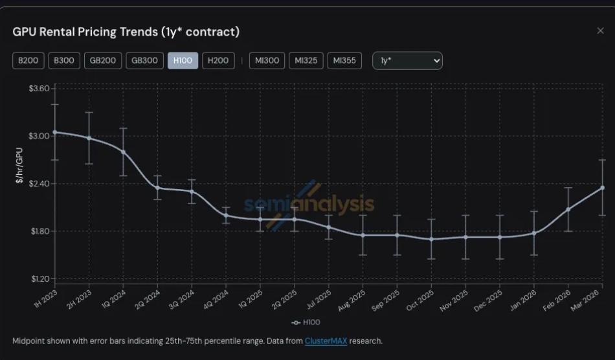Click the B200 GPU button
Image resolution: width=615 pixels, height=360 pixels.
(28, 61)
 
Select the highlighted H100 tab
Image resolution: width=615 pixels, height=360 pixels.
(182, 61)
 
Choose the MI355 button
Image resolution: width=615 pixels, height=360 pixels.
(344, 61)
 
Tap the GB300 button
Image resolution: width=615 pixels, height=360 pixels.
(144, 61)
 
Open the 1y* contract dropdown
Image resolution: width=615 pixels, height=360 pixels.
(408, 61)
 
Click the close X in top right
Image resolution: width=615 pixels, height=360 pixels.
(600, 31)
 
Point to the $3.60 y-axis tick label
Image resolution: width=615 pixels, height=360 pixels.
(39, 88)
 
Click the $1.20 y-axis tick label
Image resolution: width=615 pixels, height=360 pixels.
(39, 279)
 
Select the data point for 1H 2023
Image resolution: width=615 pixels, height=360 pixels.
(54, 132)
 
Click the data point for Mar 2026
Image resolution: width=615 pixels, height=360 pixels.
(602, 188)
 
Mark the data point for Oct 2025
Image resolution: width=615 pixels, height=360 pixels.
(431, 239)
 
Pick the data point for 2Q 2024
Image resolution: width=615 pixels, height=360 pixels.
(157, 188)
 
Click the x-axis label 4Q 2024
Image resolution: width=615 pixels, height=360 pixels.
(218, 299)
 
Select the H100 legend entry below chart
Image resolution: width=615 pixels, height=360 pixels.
(306, 322)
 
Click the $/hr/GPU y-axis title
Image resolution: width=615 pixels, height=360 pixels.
(19, 166)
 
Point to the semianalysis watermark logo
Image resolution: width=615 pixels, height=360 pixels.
(308, 204)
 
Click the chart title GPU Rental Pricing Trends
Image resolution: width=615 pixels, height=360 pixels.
(126, 32)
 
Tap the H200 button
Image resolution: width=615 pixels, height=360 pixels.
(218, 61)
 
